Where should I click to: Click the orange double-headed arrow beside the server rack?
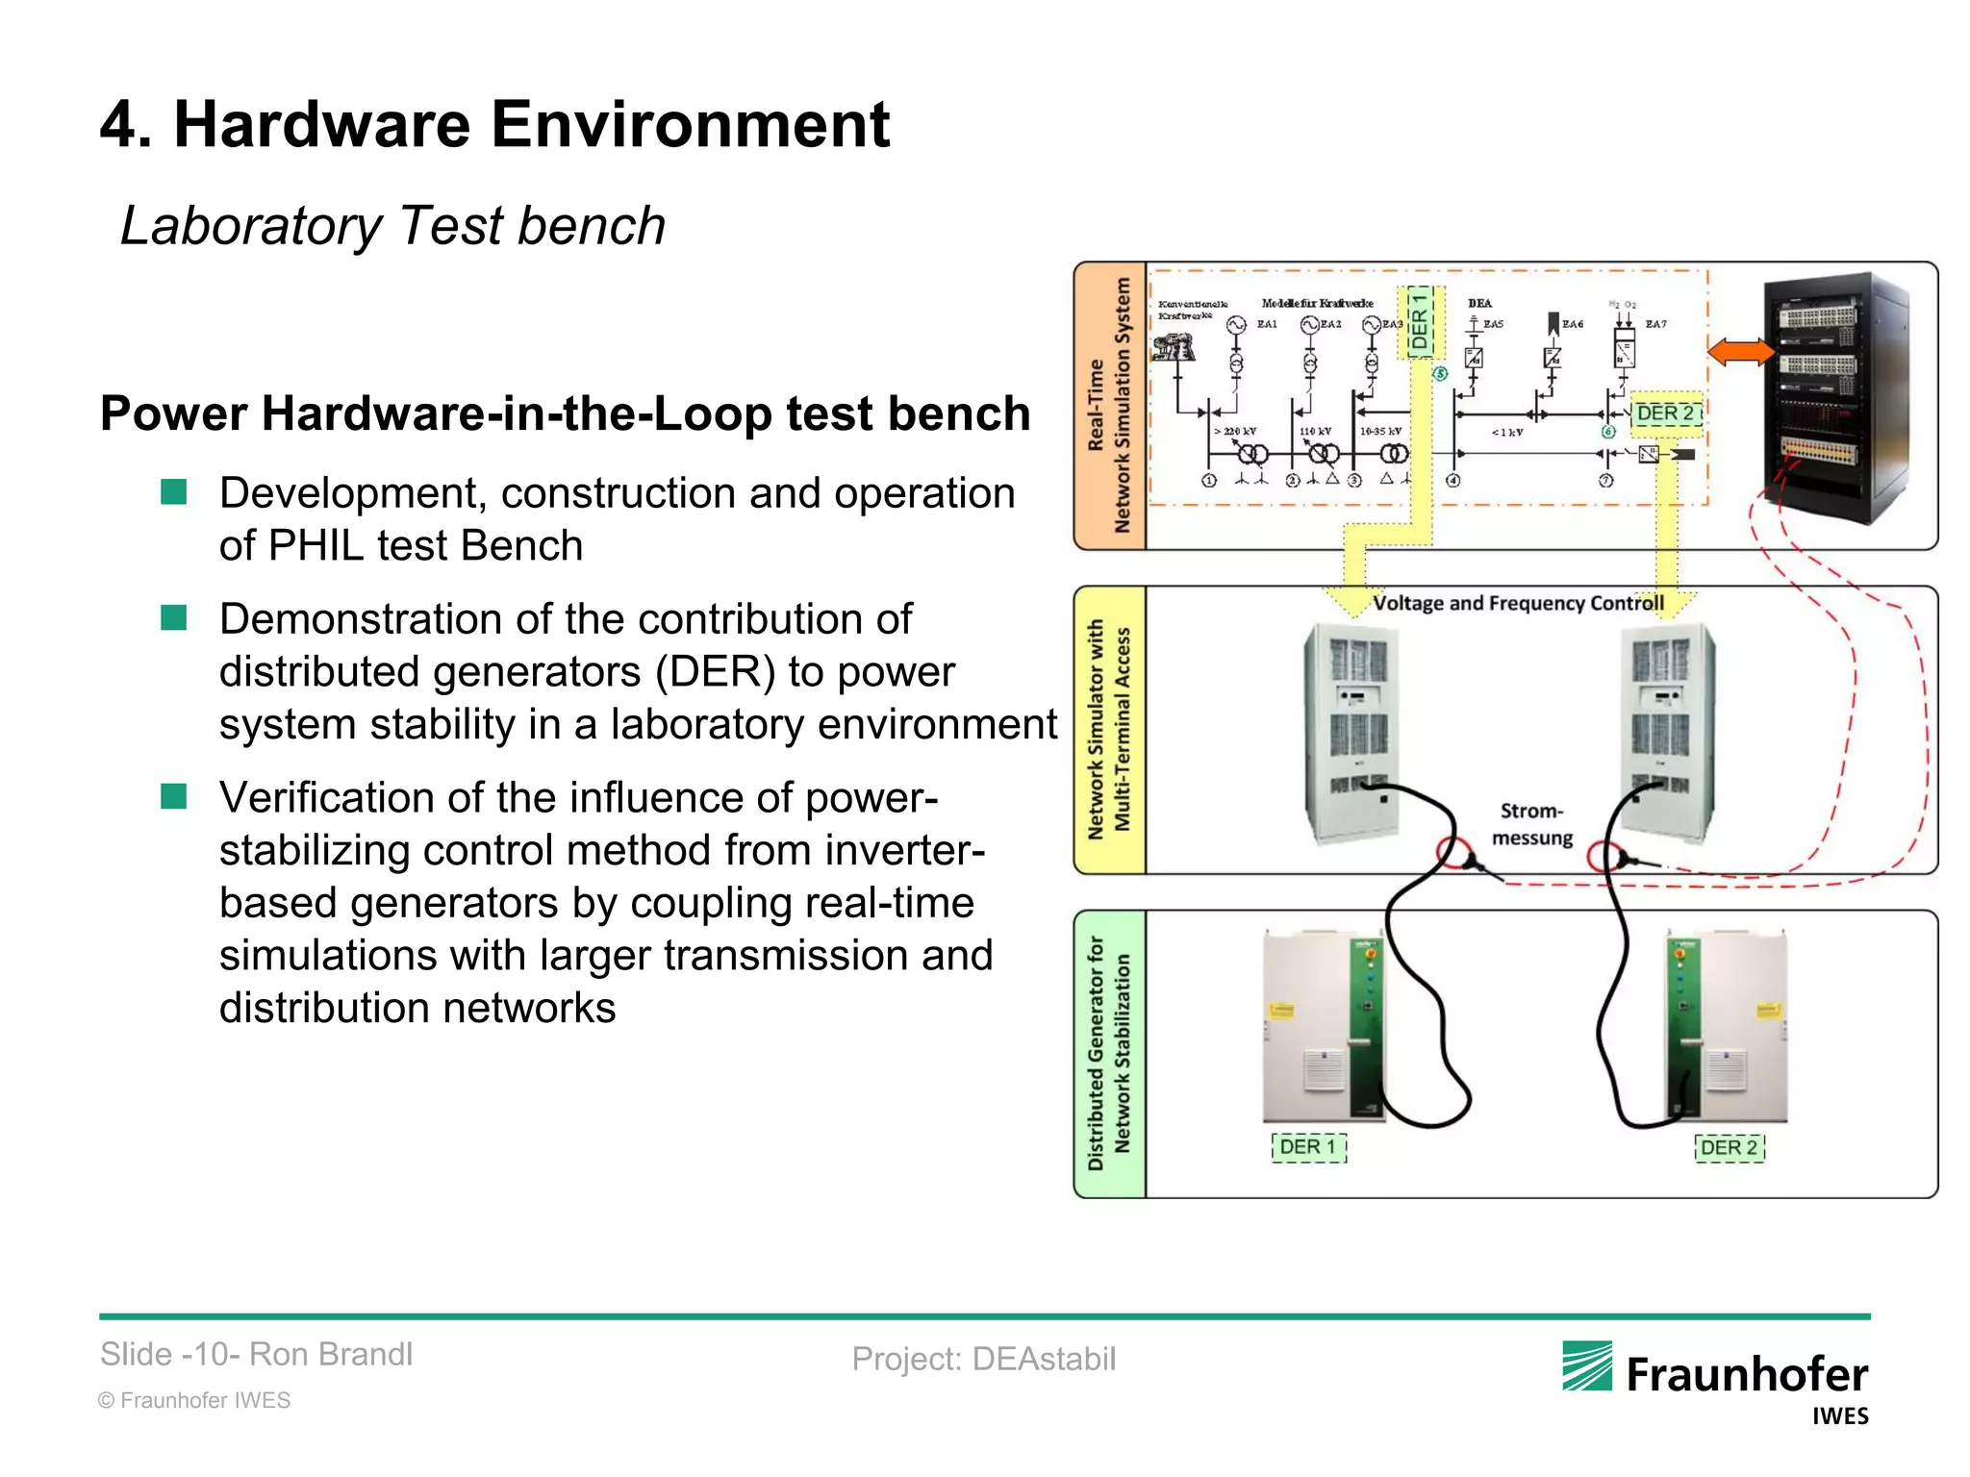coord(1741,352)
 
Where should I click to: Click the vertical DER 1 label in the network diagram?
coord(1420,321)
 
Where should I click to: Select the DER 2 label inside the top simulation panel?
coord(1666,413)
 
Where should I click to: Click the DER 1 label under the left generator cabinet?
coord(1308,1147)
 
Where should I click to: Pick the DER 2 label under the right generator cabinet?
coord(1729,1148)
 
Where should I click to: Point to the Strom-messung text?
coord(1531,824)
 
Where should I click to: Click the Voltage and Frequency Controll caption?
coord(1517,603)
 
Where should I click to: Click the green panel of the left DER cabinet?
coord(1367,1024)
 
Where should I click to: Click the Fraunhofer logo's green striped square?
coord(1587,1365)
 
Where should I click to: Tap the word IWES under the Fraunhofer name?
coord(1839,1416)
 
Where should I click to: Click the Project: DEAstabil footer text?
coord(983,1359)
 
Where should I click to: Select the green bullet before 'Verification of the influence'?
coord(174,796)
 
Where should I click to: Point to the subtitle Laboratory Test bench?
coord(392,226)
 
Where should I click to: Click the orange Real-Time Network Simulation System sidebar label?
coord(1109,406)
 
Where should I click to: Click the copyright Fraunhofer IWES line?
coord(194,1400)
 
